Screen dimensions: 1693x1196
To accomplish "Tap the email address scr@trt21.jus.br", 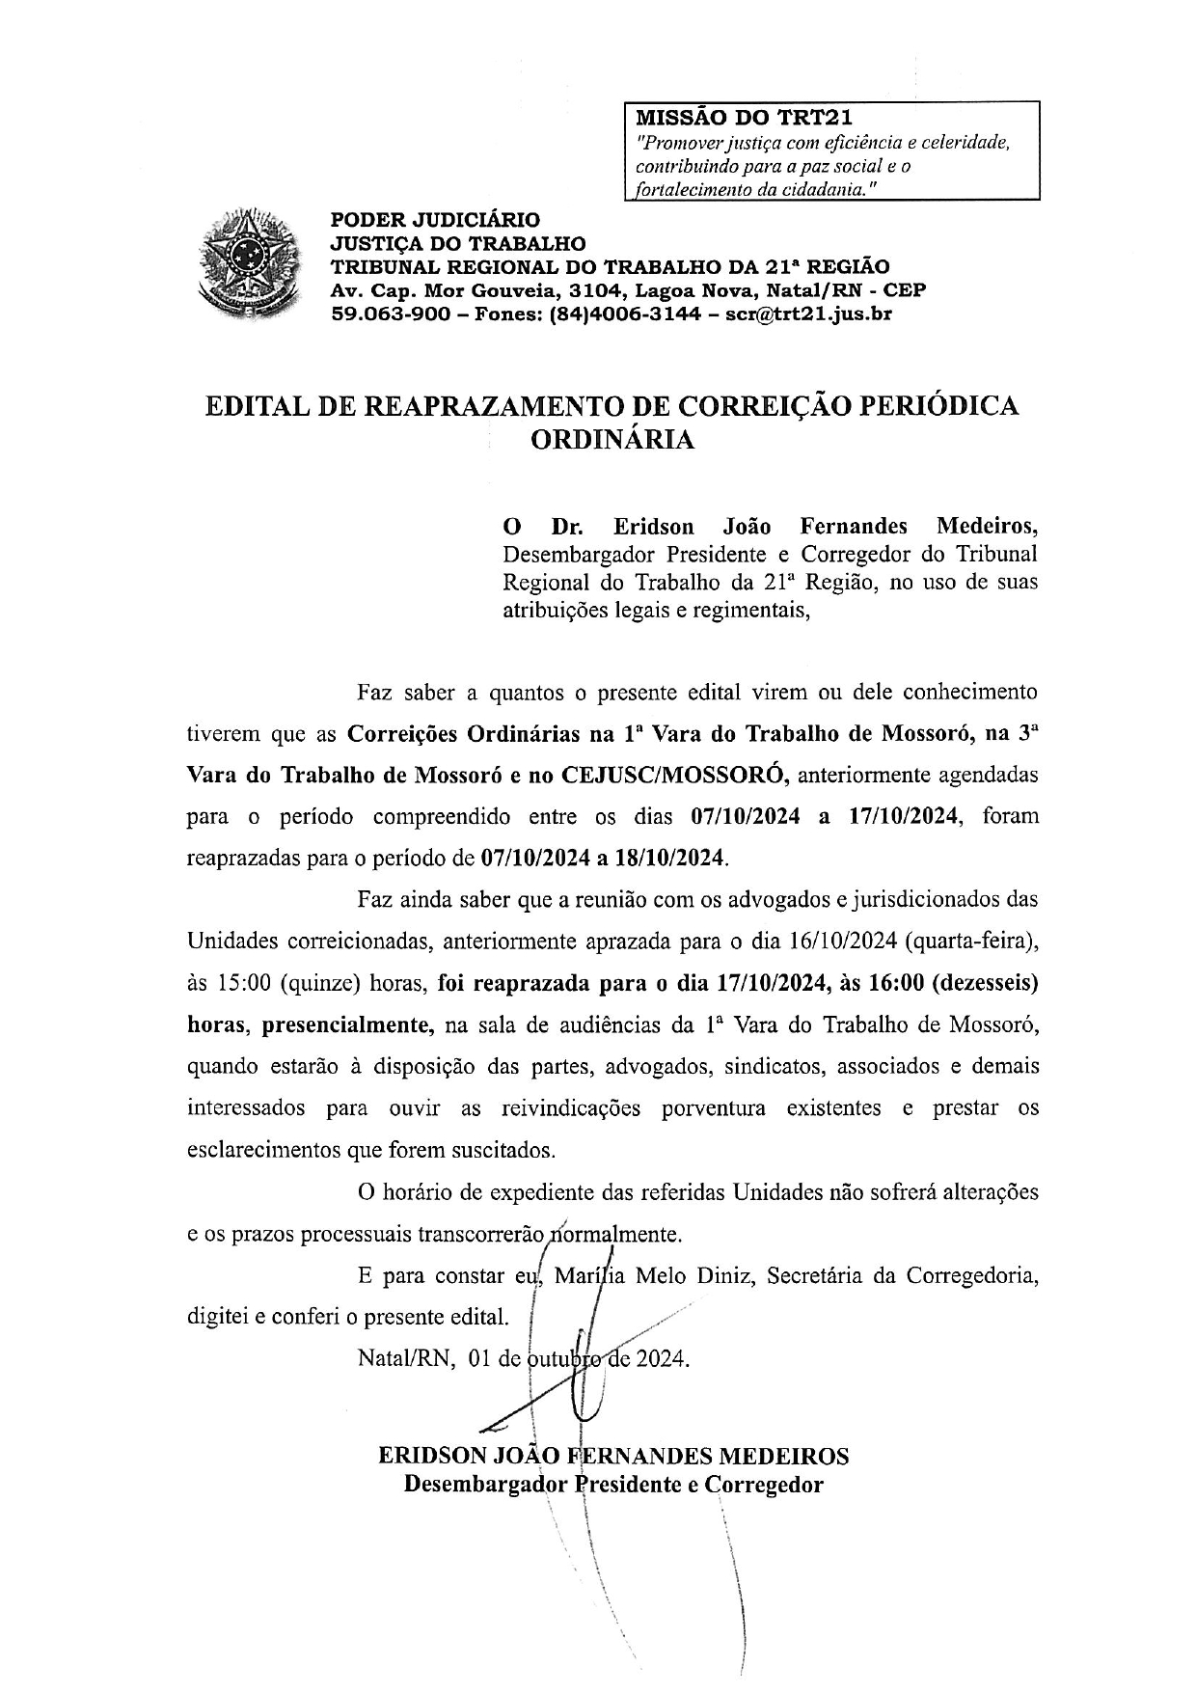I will (807, 314).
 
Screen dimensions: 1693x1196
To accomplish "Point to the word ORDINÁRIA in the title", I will (612, 440).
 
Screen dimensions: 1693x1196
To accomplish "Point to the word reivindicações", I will (571, 1107).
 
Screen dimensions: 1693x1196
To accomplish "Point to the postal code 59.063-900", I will (390, 314).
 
